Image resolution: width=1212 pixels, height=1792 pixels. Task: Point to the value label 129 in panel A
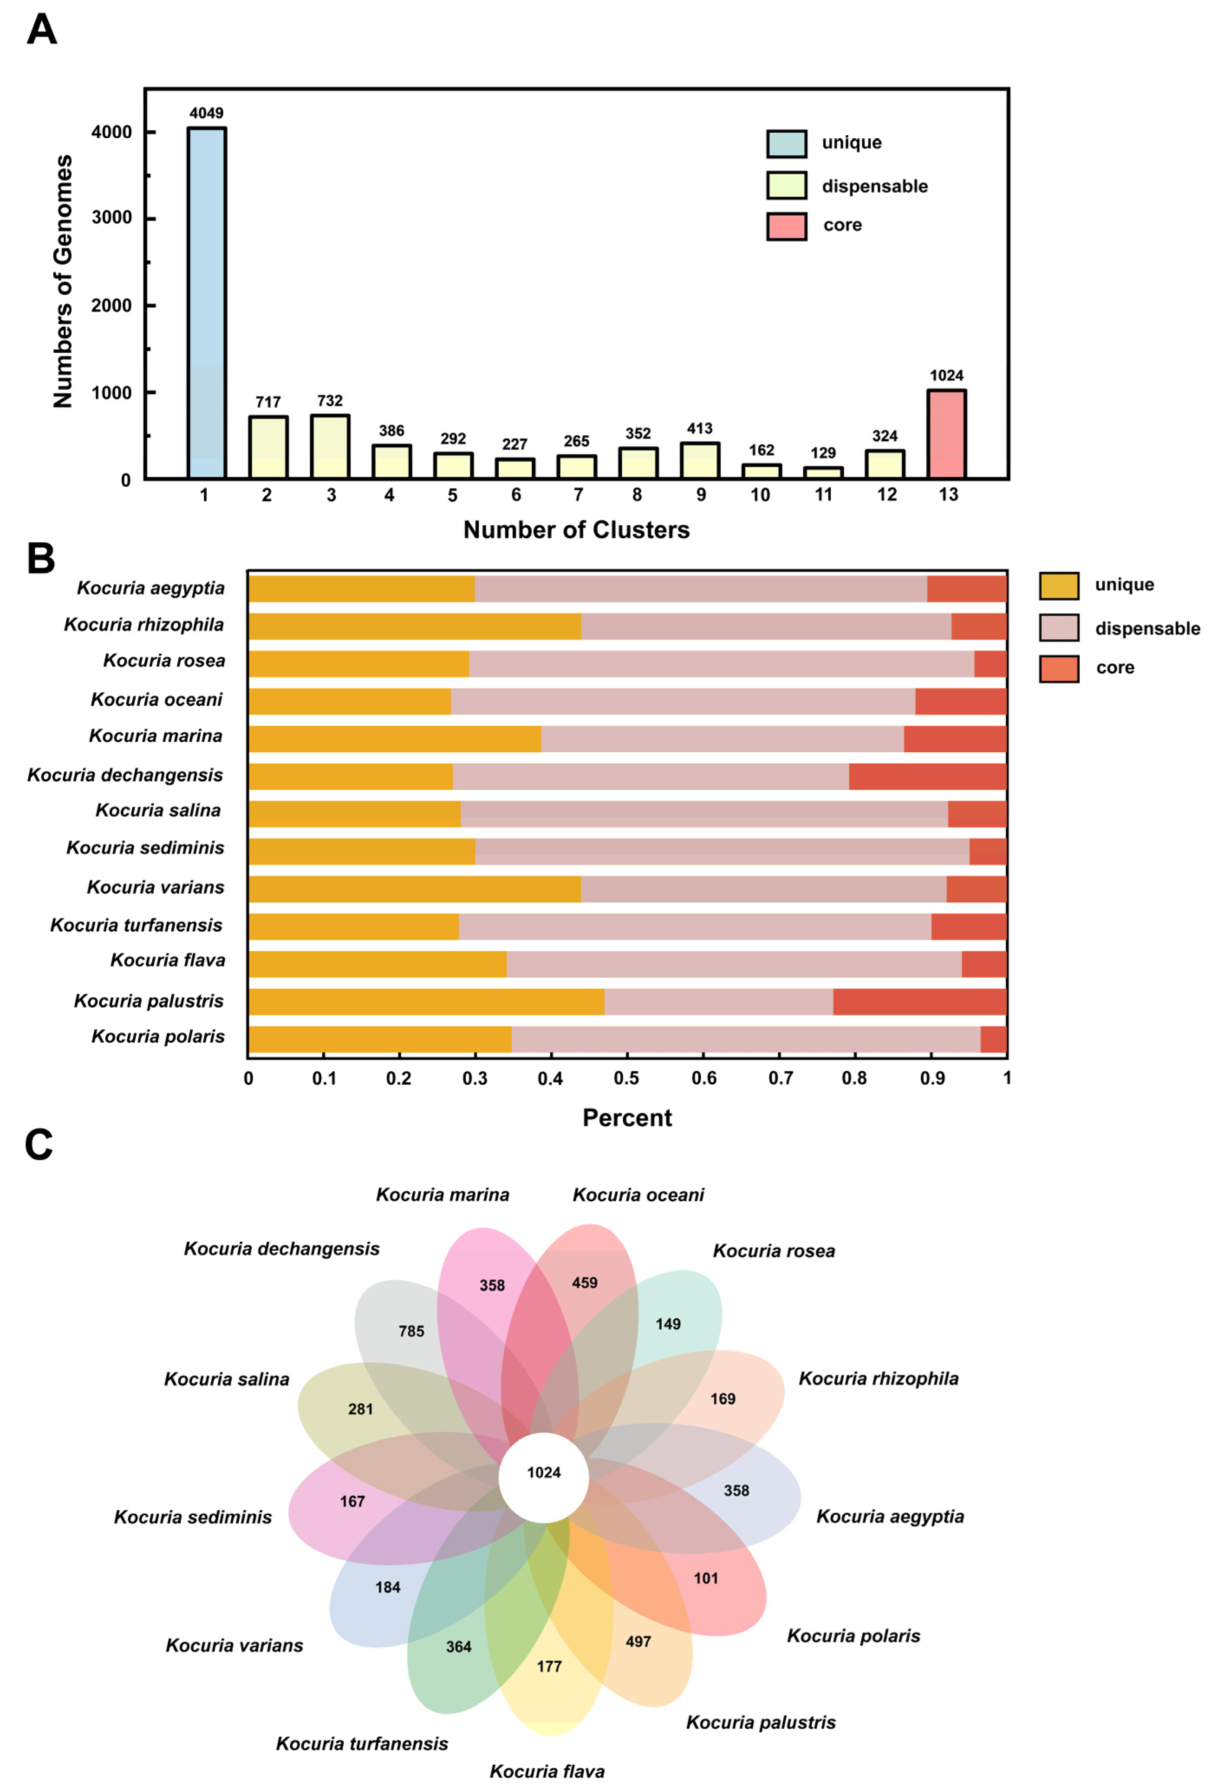(x=822, y=452)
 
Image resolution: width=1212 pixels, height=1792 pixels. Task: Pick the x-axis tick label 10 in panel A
(x=760, y=495)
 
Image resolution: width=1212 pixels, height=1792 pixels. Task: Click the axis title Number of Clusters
(x=576, y=530)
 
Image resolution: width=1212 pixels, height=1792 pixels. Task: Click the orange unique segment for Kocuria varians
(x=414, y=889)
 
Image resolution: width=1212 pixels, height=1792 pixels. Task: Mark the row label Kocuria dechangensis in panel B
(x=125, y=775)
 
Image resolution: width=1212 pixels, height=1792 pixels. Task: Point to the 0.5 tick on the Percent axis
(x=626, y=1078)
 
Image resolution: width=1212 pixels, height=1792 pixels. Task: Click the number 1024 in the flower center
(x=543, y=1473)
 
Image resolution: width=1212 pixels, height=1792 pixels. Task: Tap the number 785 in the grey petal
(x=411, y=1331)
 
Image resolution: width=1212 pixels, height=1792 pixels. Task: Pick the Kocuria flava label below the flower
(x=546, y=1771)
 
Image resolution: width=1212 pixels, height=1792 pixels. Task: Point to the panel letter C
(x=39, y=1145)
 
